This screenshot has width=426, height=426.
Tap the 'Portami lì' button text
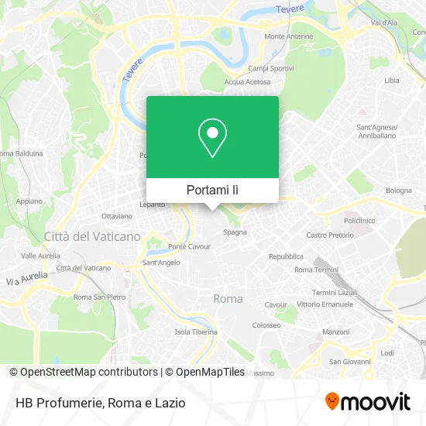tap(212, 190)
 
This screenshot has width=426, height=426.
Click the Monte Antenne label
tap(289, 36)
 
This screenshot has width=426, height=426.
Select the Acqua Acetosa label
tap(247, 81)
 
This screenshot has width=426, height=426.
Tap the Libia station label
tap(392, 80)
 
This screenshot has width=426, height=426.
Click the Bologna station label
tap(399, 190)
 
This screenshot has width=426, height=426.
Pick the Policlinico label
tap(359, 220)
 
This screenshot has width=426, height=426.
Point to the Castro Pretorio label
tap(329, 235)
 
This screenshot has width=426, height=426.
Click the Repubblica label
tap(286, 256)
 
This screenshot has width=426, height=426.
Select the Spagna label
tap(235, 232)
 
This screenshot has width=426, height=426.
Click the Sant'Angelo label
tap(161, 263)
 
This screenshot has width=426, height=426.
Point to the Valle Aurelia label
tap(40, 255)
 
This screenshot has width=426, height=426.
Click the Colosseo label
tap(266, 325)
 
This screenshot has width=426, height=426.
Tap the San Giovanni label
tap(346, 361)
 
